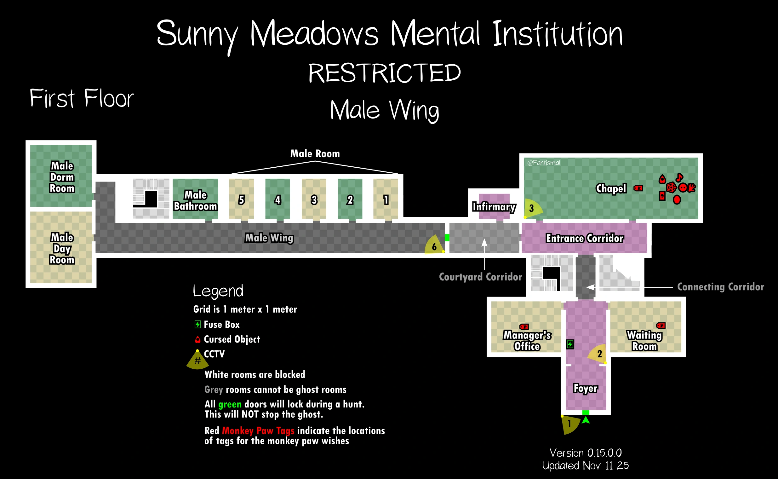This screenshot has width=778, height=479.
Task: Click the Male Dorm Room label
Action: (62, 177)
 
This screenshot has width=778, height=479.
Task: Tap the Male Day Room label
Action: (62, 249)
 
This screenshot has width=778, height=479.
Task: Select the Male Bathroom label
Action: (195, 200)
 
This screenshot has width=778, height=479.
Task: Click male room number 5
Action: (242, 200)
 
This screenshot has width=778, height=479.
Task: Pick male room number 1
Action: (386, 200)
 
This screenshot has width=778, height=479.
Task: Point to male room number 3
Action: (314, 200)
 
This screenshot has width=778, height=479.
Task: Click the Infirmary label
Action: (494, 207)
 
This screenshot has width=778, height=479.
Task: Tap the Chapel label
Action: (611, 188)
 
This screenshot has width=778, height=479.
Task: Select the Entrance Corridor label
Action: (585, 238)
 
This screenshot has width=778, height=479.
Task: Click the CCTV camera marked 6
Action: (434, 246)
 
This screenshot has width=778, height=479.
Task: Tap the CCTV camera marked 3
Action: (532, 208)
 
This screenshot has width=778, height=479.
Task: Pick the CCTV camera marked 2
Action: (598, 354)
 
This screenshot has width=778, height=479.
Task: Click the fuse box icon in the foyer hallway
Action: (570, 344)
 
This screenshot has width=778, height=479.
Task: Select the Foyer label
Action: (586, 388)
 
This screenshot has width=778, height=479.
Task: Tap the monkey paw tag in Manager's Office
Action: (524, 326)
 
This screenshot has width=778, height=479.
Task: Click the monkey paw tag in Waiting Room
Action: (661, 325)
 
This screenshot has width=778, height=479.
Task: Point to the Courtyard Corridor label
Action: (480, 277)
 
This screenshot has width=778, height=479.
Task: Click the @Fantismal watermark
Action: (543, 163)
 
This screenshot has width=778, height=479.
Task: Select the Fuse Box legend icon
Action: (197, 324)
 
